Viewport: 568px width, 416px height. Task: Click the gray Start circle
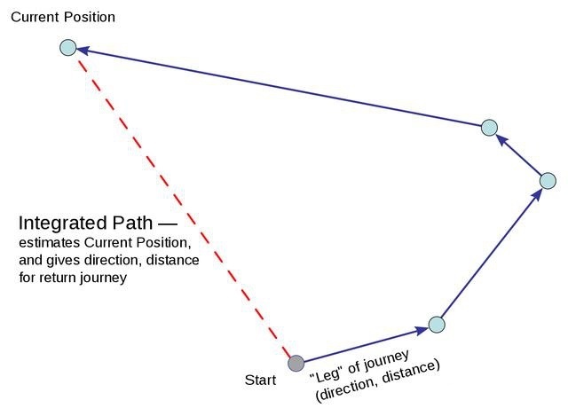click(x=296, y=363)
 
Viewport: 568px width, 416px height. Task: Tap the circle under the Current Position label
click(x=68, y=47)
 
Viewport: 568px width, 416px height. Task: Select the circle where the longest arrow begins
click(x=489, y=128)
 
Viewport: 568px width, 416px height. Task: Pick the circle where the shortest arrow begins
click(x=548, y=181)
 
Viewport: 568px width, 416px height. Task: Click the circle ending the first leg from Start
click(x=437, y=325)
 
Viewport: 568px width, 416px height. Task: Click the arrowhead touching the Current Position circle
click(x=83, y=50)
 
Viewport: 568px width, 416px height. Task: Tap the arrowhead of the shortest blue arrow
click(x=501, y=139)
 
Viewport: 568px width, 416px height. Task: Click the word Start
click(x=260, y=381)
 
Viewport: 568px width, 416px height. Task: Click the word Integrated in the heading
click(x=63, y=224)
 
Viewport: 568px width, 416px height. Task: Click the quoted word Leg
click(x=327, y=374)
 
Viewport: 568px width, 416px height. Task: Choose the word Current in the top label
click(x=35, y=17)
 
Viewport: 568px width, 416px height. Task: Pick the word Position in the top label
click(x=90, y=17)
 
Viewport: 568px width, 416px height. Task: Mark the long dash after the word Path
click(x=168, y=224)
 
